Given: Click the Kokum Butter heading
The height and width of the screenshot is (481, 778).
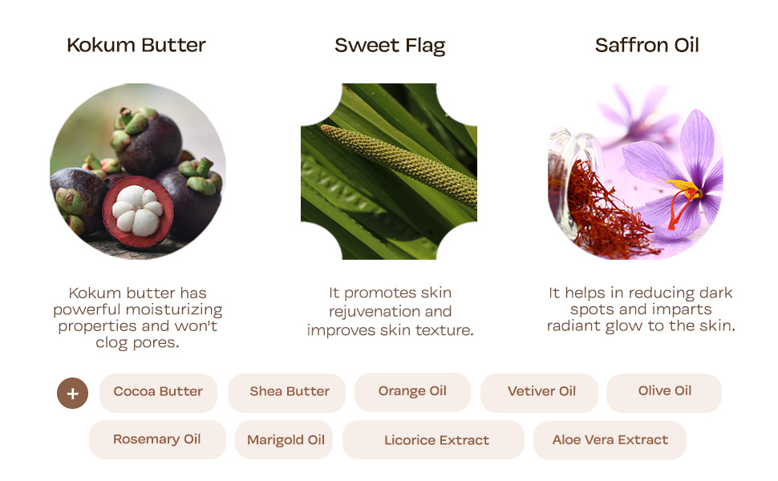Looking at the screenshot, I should tap(136, 46).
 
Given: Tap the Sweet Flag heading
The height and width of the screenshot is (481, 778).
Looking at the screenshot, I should tap(390, 46).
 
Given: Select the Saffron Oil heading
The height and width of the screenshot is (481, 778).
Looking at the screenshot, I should tap(646, 46).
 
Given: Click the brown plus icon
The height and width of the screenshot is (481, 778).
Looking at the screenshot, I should tap(73, 393).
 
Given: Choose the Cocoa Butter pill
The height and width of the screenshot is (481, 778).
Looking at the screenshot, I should tap(158, 392).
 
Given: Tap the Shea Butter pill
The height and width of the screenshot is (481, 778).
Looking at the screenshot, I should tap(289, 392).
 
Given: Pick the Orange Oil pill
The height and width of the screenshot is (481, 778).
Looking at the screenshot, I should tap(412, 391).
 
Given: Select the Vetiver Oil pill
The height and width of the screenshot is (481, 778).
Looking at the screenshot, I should tap(541, 392).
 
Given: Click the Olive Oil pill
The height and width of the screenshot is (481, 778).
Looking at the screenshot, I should tap(664, 391).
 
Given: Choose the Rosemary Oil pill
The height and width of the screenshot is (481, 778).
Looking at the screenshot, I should tap(157, 439).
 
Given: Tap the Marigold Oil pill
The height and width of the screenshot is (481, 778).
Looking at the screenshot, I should tap(286, 440).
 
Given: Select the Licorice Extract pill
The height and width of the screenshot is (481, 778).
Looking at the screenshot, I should tap(436, 440).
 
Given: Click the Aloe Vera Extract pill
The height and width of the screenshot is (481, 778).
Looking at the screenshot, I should tap(610, 440).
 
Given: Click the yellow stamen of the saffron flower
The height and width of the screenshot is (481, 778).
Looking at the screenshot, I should tap(683, 189).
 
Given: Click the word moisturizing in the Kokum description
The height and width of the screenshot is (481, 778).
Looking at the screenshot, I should tap(170, 309).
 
